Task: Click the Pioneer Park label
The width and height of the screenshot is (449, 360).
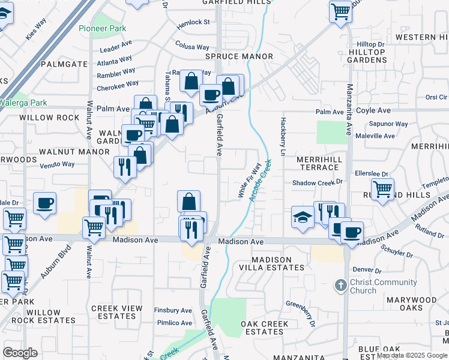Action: click(x=101, y=28)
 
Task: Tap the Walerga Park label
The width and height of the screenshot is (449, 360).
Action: click(x=26, y=102)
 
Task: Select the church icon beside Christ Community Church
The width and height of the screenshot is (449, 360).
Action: click(x=340, y=285)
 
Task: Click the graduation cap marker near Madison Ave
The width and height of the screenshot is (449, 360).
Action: click(x=303, y=217)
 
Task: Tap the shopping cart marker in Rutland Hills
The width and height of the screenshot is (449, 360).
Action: click(x=382, y=190)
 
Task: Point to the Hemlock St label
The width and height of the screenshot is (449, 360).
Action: click(x=193, y=23)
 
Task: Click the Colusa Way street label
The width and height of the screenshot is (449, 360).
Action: click(x=192, y=46)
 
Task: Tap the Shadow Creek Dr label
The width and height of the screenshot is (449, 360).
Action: click(x=317, y=182)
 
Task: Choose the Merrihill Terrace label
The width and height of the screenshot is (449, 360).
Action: click(x=319, y=163)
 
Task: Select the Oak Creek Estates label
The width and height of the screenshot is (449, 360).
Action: click(x=265, y=328)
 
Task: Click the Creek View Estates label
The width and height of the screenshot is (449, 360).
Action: click(x=117, y=312)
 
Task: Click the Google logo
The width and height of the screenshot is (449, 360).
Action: click(x=20, y=353)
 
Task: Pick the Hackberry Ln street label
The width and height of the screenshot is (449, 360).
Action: click(x=281, y=137)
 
